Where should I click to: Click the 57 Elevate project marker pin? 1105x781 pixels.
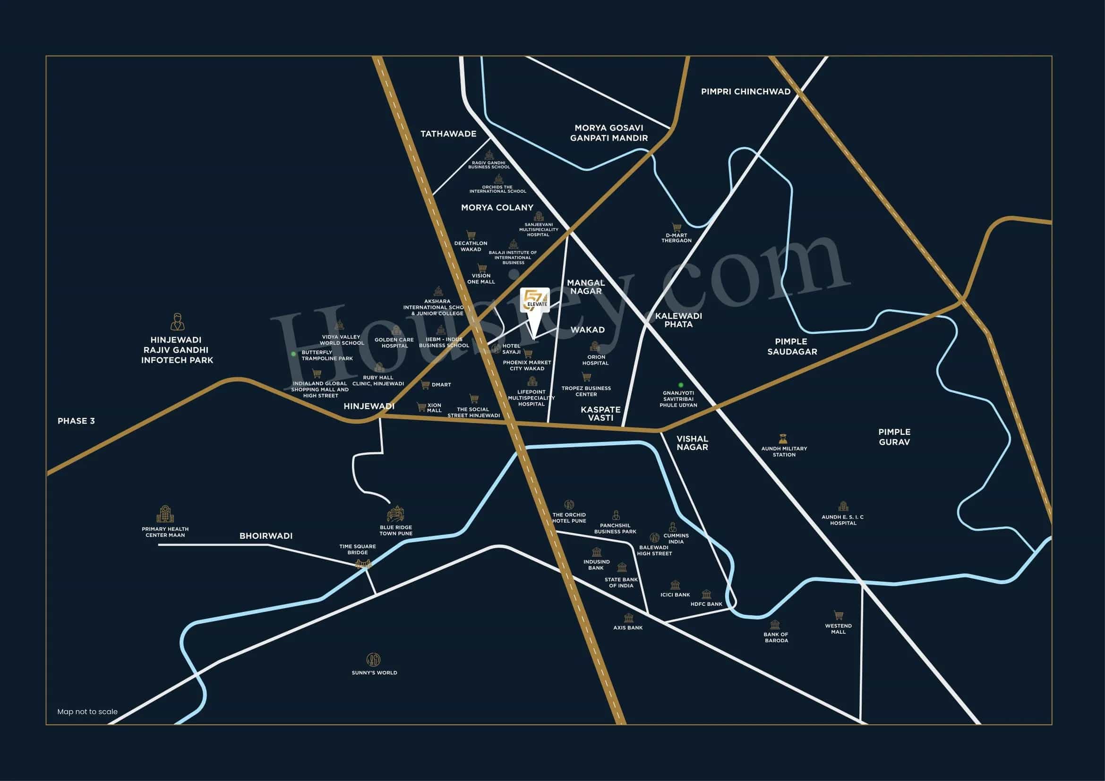click(534, 302)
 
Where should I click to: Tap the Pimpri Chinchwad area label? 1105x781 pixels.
click(745, 92)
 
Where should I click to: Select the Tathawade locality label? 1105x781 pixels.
click(448, 134)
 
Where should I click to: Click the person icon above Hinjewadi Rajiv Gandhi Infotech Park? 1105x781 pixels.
click(178, 322)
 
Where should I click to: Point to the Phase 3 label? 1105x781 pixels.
click(76, 421)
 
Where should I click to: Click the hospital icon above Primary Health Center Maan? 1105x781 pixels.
click(165, 514)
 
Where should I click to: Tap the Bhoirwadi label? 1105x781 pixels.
click(266, 536)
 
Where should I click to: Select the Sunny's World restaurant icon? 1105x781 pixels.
click(374, 659)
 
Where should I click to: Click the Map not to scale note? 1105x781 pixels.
click(87, 711)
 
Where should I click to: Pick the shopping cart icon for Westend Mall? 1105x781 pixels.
click(839, 615)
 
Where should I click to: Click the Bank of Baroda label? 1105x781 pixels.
click(776, 637)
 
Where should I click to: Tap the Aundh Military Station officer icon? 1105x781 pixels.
click(783, 439)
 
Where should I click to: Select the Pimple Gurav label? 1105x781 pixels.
click(894, 437)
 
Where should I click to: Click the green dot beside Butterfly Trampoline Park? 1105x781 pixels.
click(293, 354)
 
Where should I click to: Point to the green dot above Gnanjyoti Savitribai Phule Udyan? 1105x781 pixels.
click(680, 385)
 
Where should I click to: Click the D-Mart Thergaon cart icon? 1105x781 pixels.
click(677, 227)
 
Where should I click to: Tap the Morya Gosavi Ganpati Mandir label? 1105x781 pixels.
click(609, 133)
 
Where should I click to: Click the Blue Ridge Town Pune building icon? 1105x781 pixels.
click(395, 514)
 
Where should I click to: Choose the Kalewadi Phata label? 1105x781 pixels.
click(678, 320)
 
